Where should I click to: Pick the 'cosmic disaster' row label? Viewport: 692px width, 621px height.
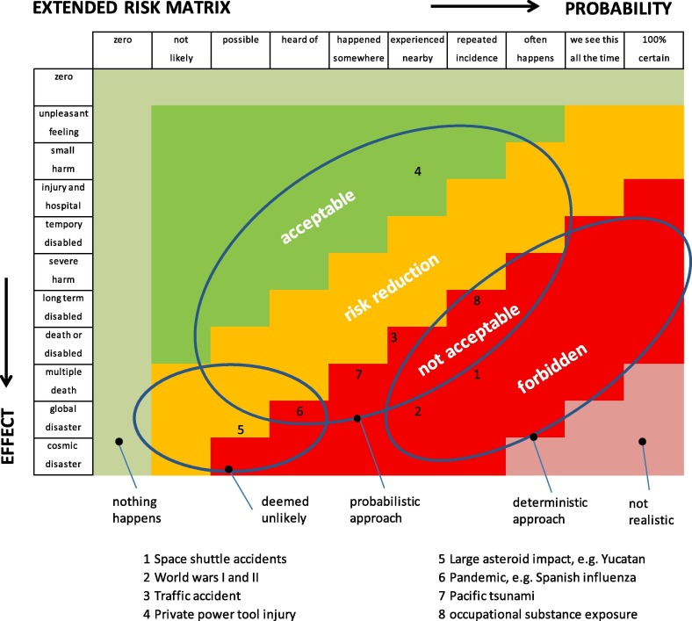click(x=62, y=457)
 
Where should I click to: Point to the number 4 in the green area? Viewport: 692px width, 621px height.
click(x=418, y=170)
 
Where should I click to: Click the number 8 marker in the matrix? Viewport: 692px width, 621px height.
click(x=476, y=300)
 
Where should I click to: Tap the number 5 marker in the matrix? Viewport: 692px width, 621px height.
click(x=241, y=430)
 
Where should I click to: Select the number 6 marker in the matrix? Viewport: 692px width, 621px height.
click(x=299, y=411)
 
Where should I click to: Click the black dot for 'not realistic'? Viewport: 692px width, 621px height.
click(x=643, y=441)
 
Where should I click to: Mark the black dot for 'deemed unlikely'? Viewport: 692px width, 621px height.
click(x=228, y=469)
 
